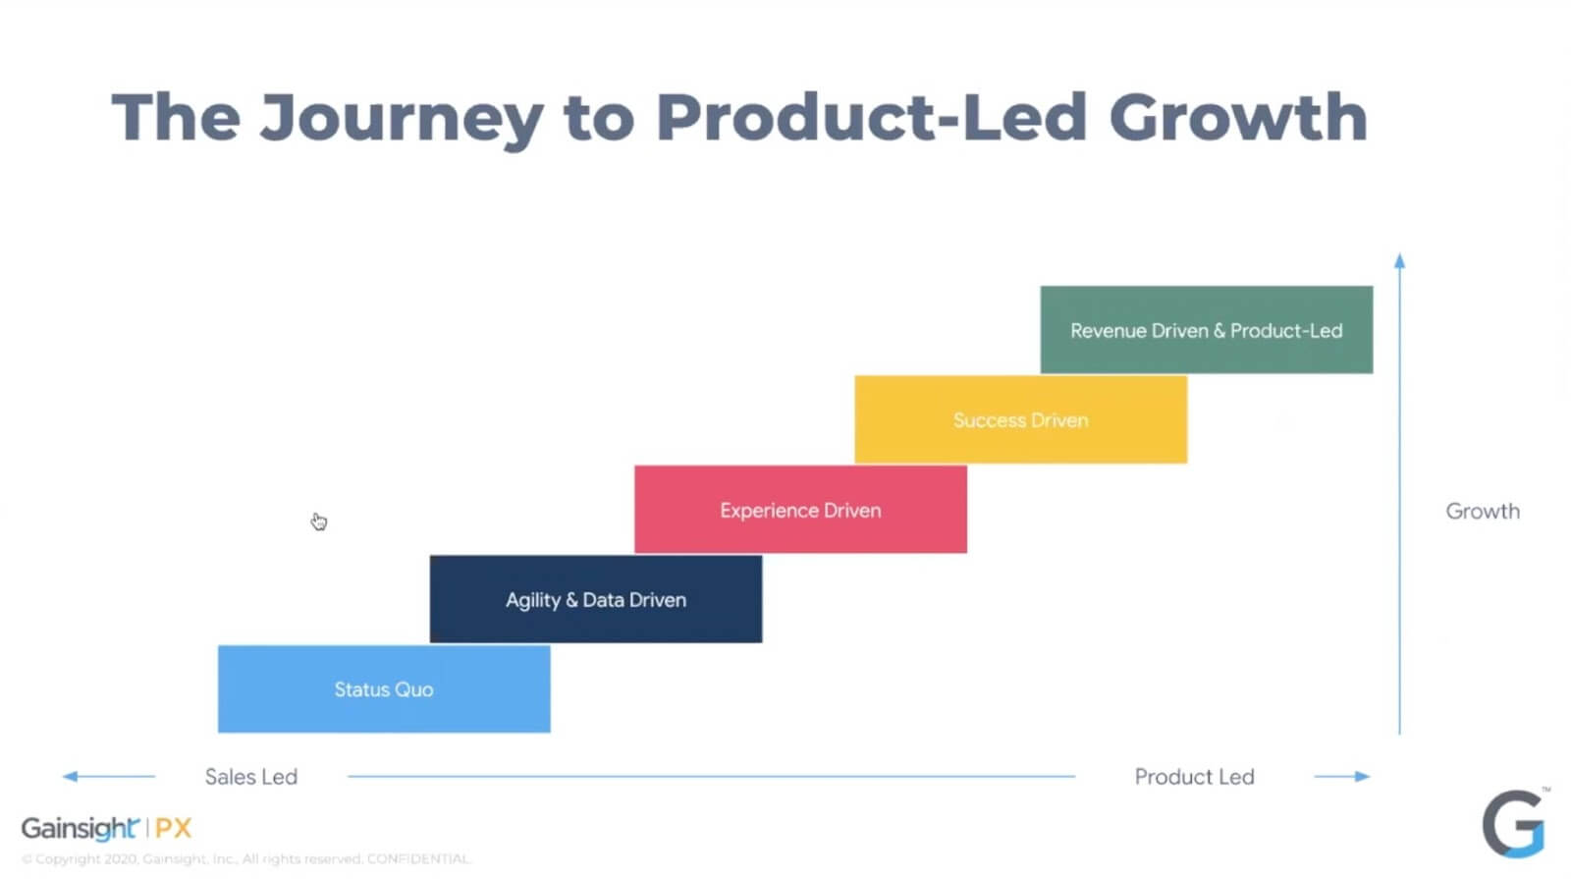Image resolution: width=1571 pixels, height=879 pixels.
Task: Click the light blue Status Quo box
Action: tap(383, 688)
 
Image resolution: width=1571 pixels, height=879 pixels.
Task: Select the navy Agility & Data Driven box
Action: tap(595, 599)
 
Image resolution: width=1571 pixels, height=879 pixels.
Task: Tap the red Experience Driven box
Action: tap(800, 510)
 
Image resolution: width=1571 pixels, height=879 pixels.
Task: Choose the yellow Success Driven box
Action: tap(1020, 419)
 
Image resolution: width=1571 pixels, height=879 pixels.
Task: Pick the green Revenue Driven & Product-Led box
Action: tap(1206, 330)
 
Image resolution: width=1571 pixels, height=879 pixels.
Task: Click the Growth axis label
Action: tap(1482, 511)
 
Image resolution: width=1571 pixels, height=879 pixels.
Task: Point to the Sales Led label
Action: tap(250, 777)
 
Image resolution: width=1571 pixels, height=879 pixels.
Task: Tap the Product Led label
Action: tap(1194, 777)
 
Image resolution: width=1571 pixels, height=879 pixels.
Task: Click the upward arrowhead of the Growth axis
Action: tap(1399, 260)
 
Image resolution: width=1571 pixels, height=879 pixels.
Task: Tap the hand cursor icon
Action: tap(319, 522)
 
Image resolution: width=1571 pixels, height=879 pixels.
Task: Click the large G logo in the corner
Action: tap(1514, 823)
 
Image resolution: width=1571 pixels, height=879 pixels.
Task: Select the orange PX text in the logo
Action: tap(173, 828)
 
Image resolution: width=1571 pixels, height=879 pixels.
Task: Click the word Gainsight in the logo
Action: tap(80, 829)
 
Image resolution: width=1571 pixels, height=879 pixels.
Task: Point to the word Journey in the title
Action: tap(401, 119)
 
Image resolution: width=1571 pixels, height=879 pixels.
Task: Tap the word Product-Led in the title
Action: tap(870, 117)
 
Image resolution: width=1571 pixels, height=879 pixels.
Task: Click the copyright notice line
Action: tap(245, 859)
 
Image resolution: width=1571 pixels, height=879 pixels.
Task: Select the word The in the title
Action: tap(176, 117)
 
